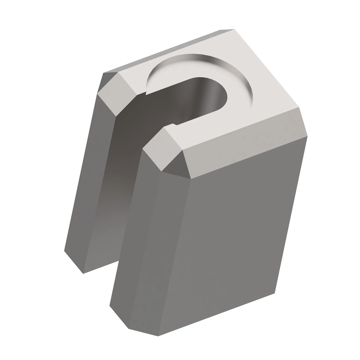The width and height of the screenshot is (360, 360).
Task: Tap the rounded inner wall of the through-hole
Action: point(207,96)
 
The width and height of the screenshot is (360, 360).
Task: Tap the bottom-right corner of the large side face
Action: point(274,292)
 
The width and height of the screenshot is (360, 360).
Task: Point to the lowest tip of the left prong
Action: point(83,273)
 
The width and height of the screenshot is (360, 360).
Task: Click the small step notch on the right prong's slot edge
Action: point(173,124)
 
